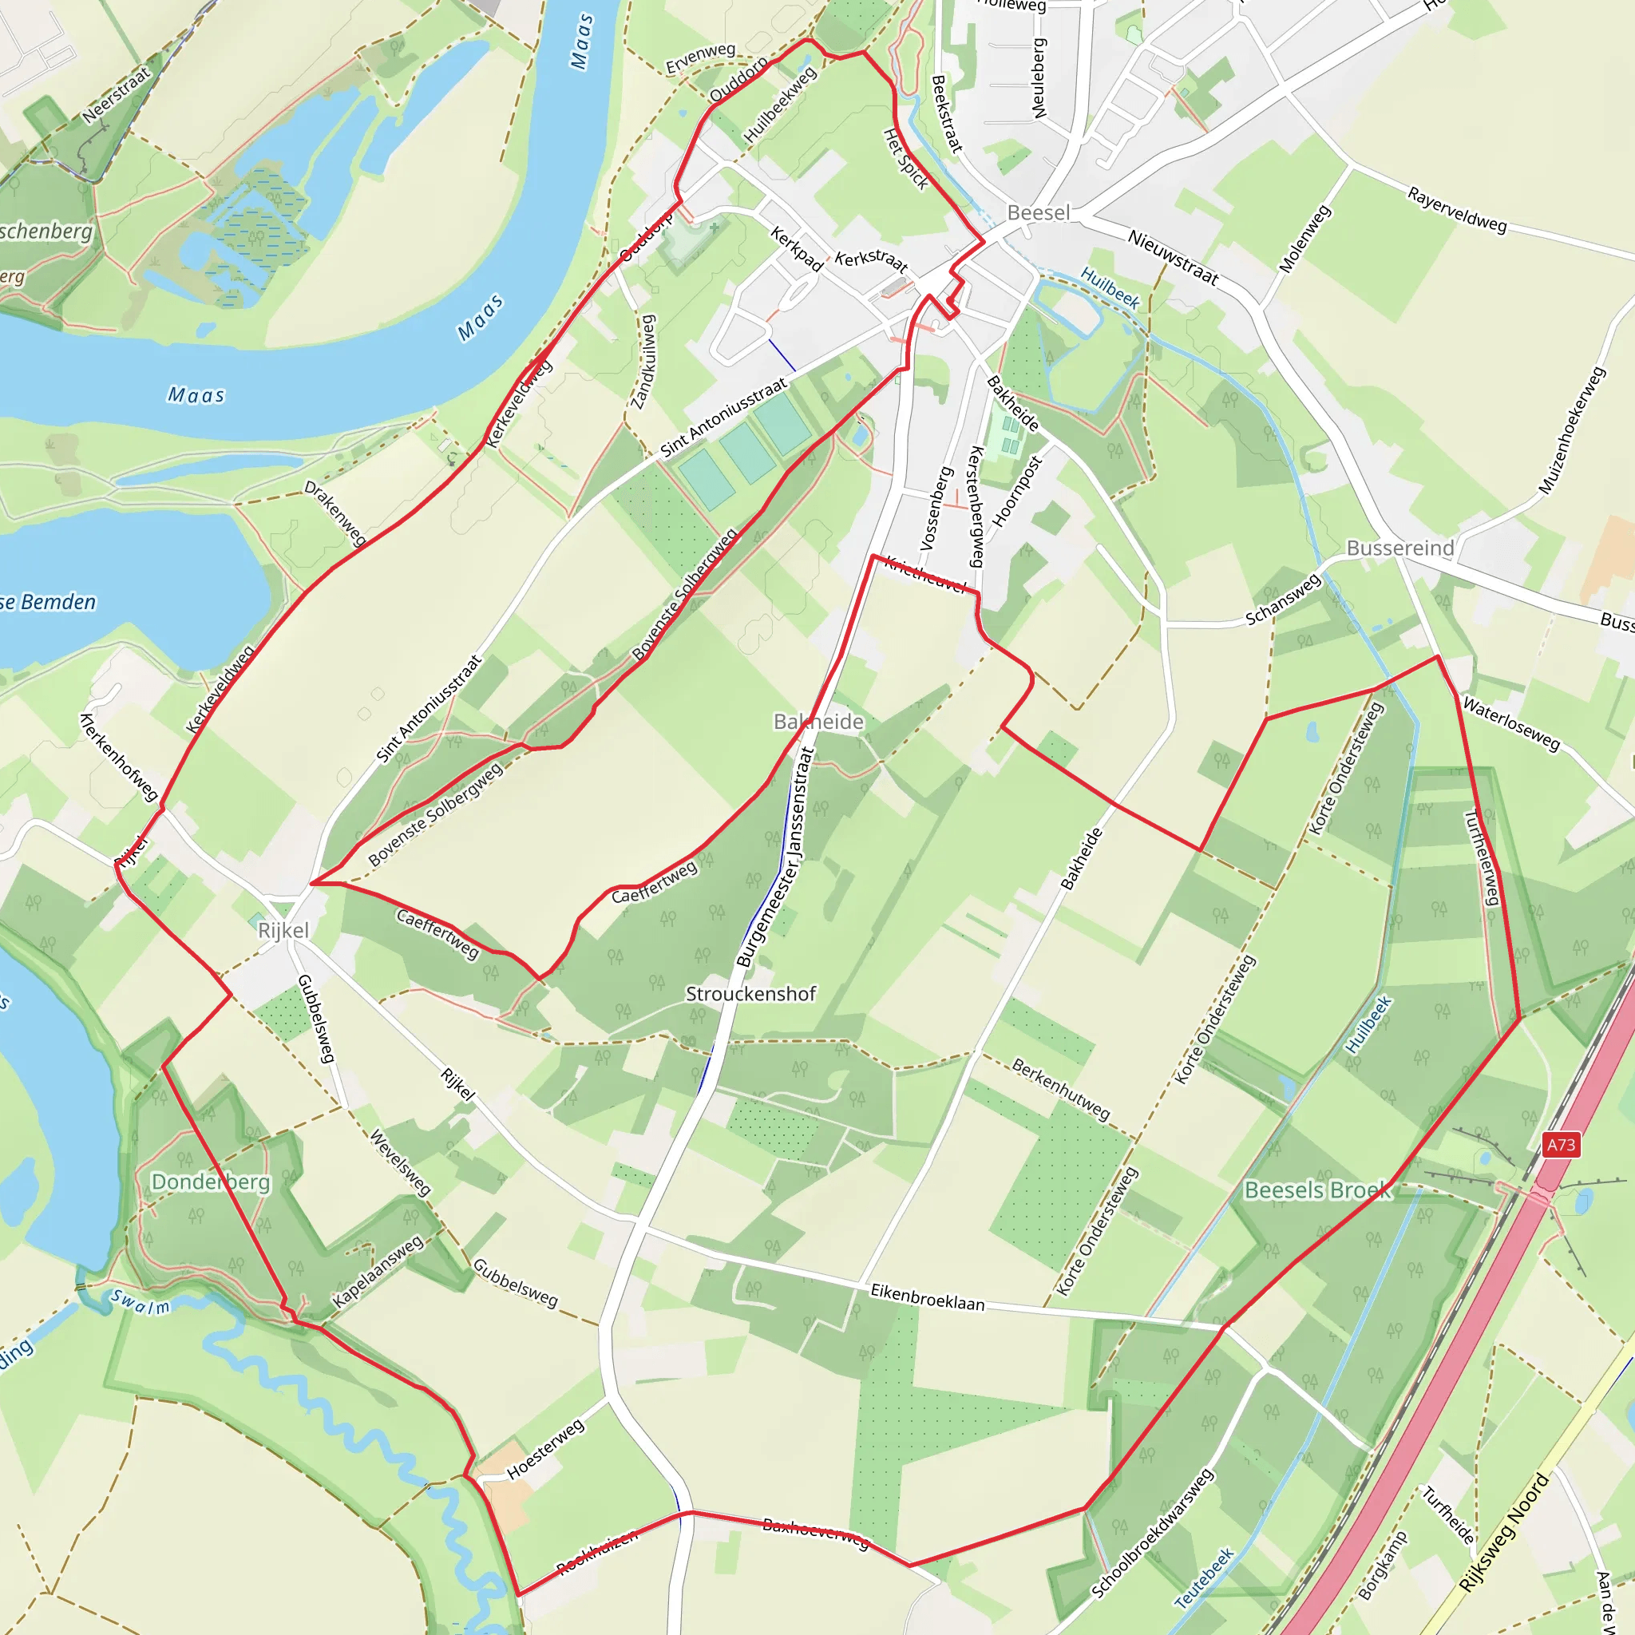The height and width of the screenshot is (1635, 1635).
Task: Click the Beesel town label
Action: point(1039,212)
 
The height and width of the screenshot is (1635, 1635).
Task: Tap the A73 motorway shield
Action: point(1562,1145)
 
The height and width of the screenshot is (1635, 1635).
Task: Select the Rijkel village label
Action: point(283,930)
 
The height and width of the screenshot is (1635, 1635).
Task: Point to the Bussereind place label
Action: point(1400,548)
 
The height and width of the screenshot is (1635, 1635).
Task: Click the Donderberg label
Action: point(211,1182)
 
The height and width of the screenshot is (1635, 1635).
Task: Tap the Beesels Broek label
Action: point(1317,1190)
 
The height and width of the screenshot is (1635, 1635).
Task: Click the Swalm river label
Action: point(141,1302)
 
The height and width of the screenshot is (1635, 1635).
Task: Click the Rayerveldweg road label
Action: point(1457,209)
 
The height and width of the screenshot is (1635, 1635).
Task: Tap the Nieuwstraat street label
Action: point(1173,257)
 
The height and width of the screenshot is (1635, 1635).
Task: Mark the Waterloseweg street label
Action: point(1511,723)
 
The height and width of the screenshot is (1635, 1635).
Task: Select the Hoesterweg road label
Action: point(545,1450)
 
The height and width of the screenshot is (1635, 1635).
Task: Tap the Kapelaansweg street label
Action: point(378,1272)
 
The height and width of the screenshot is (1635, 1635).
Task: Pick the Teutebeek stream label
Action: point(1203,1578)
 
